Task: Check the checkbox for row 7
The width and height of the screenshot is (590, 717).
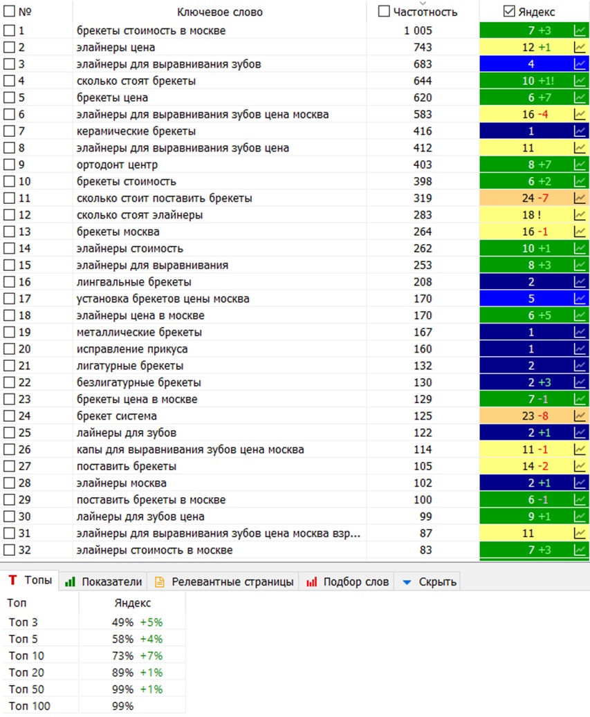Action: (x=9, y=131)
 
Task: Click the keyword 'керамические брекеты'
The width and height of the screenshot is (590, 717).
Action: (x=136, y=131)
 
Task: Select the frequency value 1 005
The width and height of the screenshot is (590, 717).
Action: (x=418, y=30)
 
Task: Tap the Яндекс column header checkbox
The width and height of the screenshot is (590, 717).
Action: (x=508, y=12)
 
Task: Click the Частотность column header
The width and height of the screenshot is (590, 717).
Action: (x=425, y=12)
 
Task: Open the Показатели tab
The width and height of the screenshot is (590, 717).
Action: (x=103, y=581)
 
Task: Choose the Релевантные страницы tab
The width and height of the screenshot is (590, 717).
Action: (x=224, y=581)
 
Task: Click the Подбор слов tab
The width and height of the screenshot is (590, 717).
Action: (x=348, y=581)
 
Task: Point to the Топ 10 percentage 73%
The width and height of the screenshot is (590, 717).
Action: (x=122, y=655)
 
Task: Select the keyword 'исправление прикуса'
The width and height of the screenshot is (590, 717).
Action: (x=132, y=349)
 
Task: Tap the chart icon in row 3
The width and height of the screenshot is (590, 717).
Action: (x=580, y=64)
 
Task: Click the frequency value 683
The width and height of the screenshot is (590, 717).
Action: (x=423, y=64)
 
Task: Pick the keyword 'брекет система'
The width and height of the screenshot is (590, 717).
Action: (x=117, y=416)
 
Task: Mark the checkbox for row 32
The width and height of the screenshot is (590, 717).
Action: (x=9, y=550)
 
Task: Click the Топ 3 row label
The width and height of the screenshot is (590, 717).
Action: (x=23, y=622)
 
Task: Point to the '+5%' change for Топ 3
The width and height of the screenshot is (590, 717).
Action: (x=151, y=622)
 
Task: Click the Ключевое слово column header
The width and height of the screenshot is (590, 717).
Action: (x=219, y=12)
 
